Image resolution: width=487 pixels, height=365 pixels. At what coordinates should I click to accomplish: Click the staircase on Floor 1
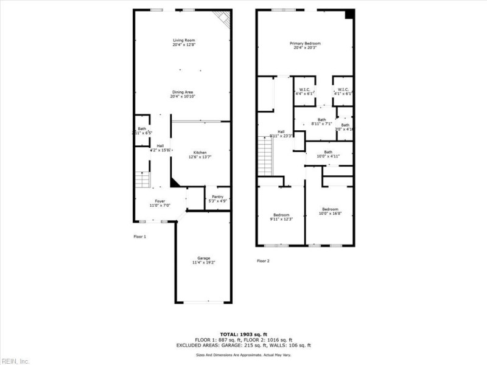tap(142, 181)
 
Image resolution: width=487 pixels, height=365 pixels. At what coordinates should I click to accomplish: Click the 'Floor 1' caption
tap(140, 236)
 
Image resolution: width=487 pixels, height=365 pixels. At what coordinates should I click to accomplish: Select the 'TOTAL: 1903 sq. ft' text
tap(243, 334)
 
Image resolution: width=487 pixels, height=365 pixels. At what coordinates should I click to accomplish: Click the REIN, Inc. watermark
tap(15, 361)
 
